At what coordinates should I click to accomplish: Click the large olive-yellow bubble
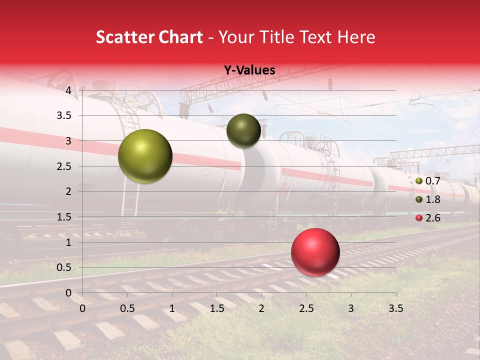145,156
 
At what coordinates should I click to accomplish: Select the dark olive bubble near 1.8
243,130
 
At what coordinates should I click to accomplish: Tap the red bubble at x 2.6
315,252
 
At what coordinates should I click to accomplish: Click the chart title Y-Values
249,70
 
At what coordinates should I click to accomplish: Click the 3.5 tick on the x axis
395,308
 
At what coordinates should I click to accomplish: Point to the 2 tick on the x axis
261,308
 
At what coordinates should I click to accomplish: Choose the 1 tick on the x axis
172,308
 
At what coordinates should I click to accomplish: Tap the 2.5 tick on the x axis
306,308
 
